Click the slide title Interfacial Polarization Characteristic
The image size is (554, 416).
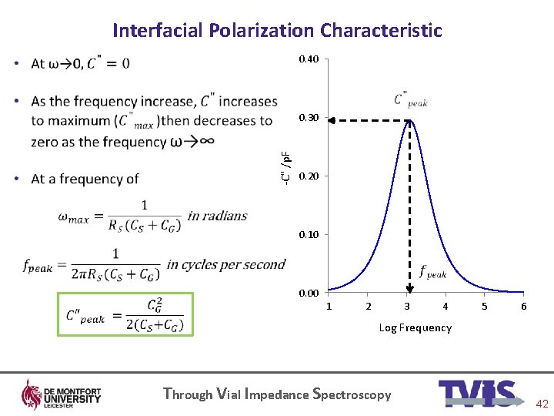click(277, 30)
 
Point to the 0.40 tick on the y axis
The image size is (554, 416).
click(309, 59)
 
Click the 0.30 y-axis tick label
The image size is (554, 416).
click(309, 118)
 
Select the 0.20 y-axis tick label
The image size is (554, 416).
click(309, 176)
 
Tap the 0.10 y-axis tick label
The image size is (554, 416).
click(309, 234)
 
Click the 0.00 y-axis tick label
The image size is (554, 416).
click(309, 293)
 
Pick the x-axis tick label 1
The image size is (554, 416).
click(329, 307)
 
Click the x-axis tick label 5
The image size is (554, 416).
click(485, 307)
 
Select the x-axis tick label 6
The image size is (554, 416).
click(523, 307)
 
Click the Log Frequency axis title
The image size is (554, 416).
click(415, 327)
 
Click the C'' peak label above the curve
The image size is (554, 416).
click(410, 100)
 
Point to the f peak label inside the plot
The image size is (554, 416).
click(432, 272)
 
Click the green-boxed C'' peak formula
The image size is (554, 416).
click(125, 314)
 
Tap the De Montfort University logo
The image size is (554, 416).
click(62, 394)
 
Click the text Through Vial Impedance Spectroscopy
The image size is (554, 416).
click(277, 394)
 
